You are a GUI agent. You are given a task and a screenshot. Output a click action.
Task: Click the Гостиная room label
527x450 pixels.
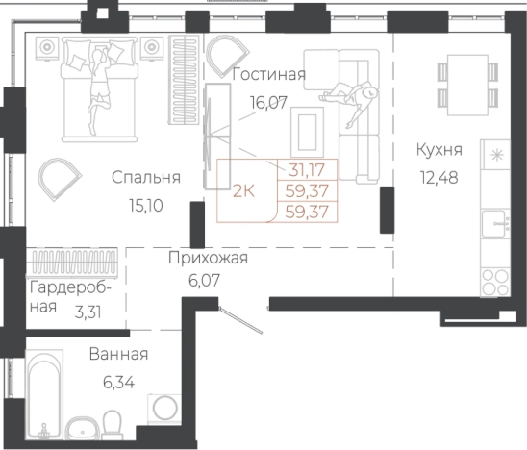click(x=270, y=75)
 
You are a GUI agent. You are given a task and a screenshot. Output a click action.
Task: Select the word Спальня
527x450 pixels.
click(x=146, y=178)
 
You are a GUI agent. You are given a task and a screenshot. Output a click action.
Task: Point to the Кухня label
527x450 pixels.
click(x=440, y=150)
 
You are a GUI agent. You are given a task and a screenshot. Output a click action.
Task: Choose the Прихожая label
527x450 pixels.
click(x=208, y=257)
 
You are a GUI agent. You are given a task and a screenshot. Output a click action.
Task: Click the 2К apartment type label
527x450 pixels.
click(x=244, y=189)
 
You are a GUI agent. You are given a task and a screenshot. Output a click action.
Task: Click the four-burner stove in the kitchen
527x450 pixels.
click(x=495, y=285)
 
